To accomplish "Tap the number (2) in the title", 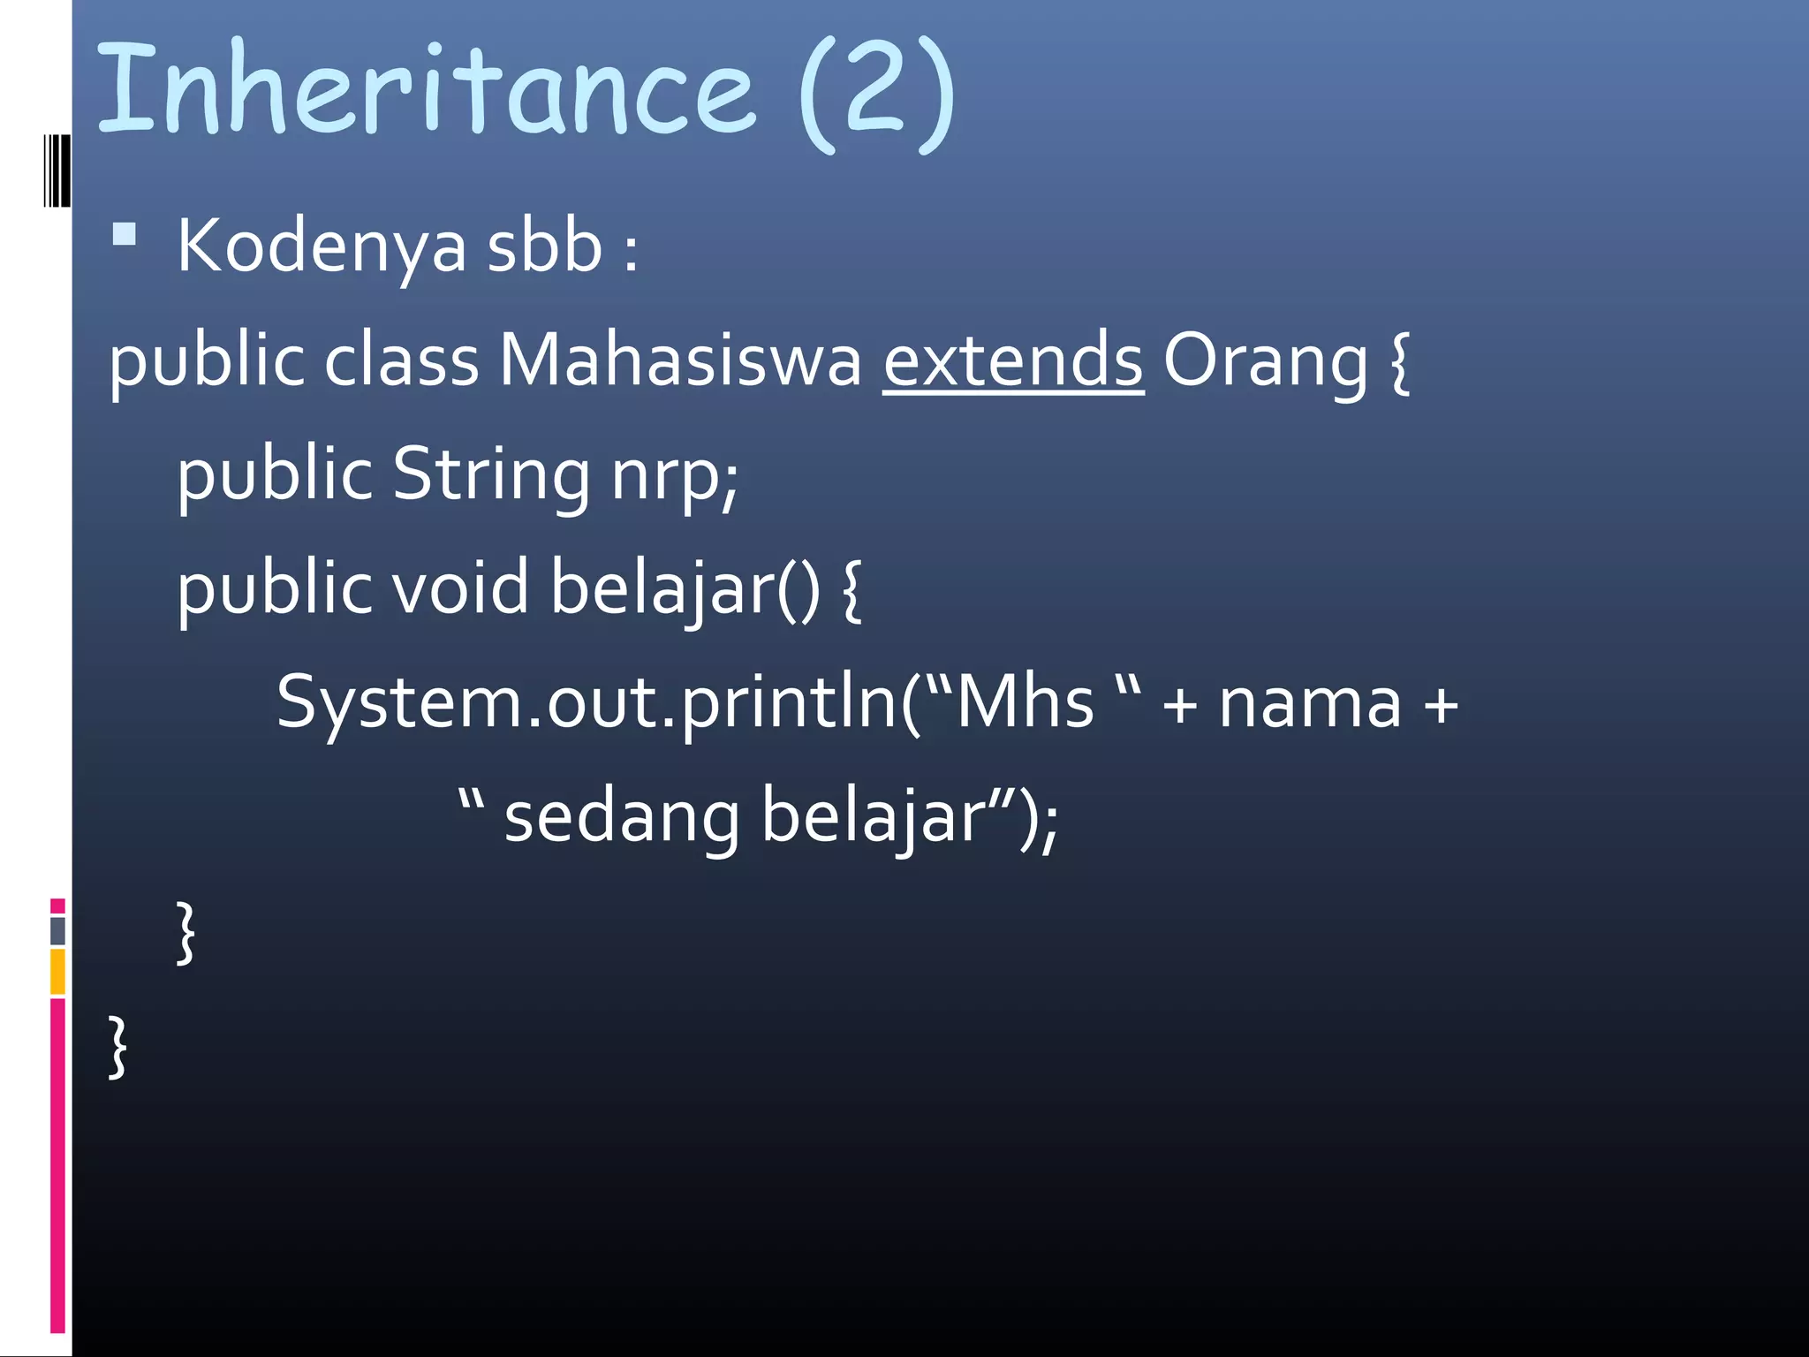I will (875, 95).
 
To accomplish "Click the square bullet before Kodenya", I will (125, 234).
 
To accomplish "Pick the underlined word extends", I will (1013, 360).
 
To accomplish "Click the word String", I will (491, 475).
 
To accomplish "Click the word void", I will (460, 588).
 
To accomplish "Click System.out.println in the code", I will (587, 703).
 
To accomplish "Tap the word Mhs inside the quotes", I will (1025, 703).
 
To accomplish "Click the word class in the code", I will (401, 360).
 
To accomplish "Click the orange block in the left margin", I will (57, 971).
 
